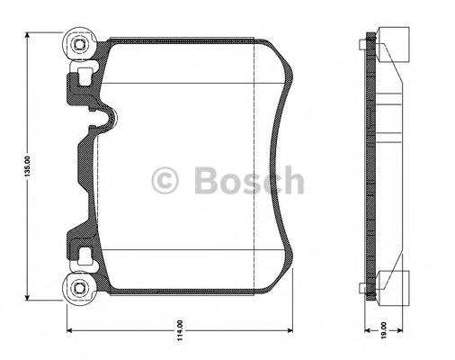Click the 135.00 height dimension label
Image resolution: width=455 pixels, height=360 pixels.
click(x=29, y=166)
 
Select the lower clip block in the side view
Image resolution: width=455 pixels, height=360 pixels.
click(x=390, y=288)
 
